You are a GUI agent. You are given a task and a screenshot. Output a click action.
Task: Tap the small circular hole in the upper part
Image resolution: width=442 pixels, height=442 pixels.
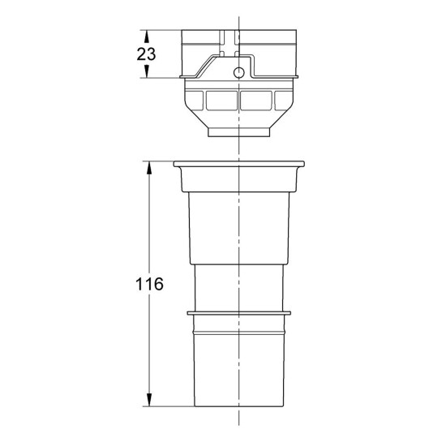point(239,73)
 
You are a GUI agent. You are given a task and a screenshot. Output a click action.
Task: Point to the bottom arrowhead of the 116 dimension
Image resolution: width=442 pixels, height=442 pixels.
point(149,401)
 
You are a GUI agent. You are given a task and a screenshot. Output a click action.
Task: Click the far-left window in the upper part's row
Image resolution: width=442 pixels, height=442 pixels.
point(195,101)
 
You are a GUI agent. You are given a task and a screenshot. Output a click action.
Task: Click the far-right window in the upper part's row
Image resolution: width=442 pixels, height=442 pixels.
point(281,101)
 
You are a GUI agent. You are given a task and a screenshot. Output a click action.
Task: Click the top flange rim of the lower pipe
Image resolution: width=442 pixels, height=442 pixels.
point(238,165)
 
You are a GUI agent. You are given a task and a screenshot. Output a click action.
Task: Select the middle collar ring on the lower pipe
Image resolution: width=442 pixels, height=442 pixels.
point(238,311)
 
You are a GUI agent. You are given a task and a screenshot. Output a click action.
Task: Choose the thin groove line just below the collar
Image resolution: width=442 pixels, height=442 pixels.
point(238,328)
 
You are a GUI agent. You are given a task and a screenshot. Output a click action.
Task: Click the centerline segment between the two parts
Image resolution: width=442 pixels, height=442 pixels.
point(238,148)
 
